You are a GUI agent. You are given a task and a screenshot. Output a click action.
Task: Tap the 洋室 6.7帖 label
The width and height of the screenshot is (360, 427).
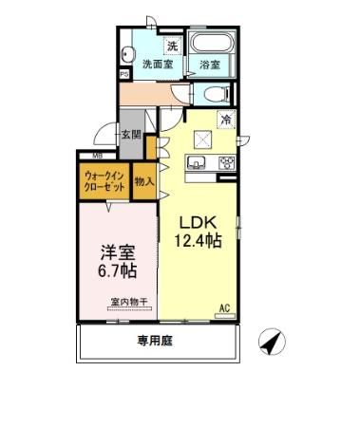118,261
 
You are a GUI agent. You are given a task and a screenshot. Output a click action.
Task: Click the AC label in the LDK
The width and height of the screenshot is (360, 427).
225,307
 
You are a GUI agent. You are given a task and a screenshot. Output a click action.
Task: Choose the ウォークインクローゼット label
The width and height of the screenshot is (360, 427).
104,180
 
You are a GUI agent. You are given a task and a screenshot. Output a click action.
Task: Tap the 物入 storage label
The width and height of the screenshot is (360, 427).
145,180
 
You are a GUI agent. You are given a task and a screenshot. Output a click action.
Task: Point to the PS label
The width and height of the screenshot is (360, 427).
124,74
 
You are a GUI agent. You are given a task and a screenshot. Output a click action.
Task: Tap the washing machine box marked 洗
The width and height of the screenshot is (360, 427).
172,46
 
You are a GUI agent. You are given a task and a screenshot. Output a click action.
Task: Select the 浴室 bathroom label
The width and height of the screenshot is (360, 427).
210,65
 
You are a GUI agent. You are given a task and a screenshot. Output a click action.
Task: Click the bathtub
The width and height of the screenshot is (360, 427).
210,45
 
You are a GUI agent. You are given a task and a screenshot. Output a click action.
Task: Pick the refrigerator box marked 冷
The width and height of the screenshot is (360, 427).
226,120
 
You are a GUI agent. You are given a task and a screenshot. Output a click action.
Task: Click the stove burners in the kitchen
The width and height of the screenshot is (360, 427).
226,162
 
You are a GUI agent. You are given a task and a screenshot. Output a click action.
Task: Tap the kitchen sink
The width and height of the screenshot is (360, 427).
201,162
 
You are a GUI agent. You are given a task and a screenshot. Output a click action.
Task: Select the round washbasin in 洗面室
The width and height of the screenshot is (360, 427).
131,52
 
